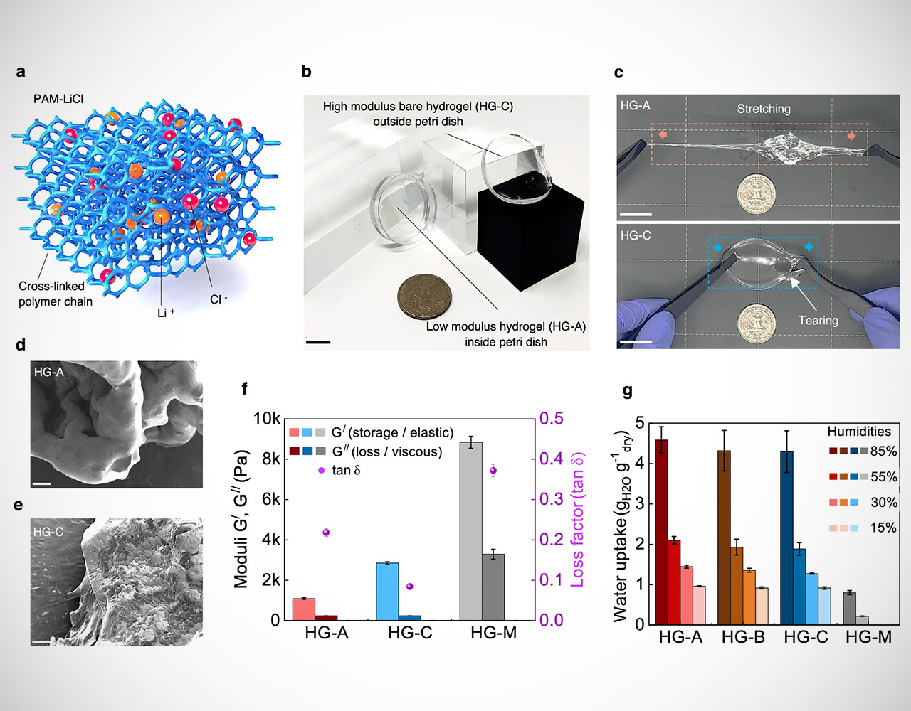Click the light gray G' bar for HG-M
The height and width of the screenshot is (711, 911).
tap(470, 530)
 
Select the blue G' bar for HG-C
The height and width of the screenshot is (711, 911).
tap(387, 591)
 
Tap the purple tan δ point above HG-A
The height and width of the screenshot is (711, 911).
tap(326, 532)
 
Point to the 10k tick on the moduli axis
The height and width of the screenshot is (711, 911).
tap(267, 418)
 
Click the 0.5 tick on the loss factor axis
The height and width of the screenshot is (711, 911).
tap(552, 418)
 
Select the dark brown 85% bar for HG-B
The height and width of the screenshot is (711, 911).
tap(724, 538)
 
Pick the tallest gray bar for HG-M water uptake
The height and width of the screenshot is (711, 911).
tap(849, 608)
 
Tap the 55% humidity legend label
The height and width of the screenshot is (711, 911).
tap(883, 476)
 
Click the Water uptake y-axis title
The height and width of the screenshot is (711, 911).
tap(621, 526)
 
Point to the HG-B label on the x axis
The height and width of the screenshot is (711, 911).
tap(743, 637)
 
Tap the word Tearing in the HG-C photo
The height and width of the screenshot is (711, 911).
tap(818, 320)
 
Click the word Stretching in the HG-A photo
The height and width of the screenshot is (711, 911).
tap(764, 109)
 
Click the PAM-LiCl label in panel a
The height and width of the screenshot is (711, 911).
tap(58, 99)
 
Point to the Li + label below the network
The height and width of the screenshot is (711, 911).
tap(166, 312)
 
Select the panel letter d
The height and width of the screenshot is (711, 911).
tap(21, 346)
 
